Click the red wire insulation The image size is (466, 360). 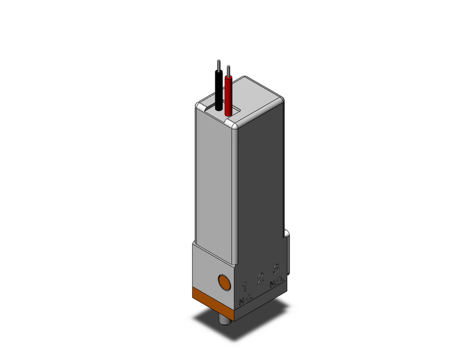pyautogui.click(x=228, y=96)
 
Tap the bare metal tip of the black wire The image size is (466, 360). pyautogui.click(x=218, y=65)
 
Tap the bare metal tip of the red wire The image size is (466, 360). pyautogui.click(x=228, y=70)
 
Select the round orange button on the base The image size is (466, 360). pyautogui.click(x=225, y=282)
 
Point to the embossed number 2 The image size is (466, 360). pyautogui.click(x=260, y=278)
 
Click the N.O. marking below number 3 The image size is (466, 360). pyautogui.click(x=277, y=282)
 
